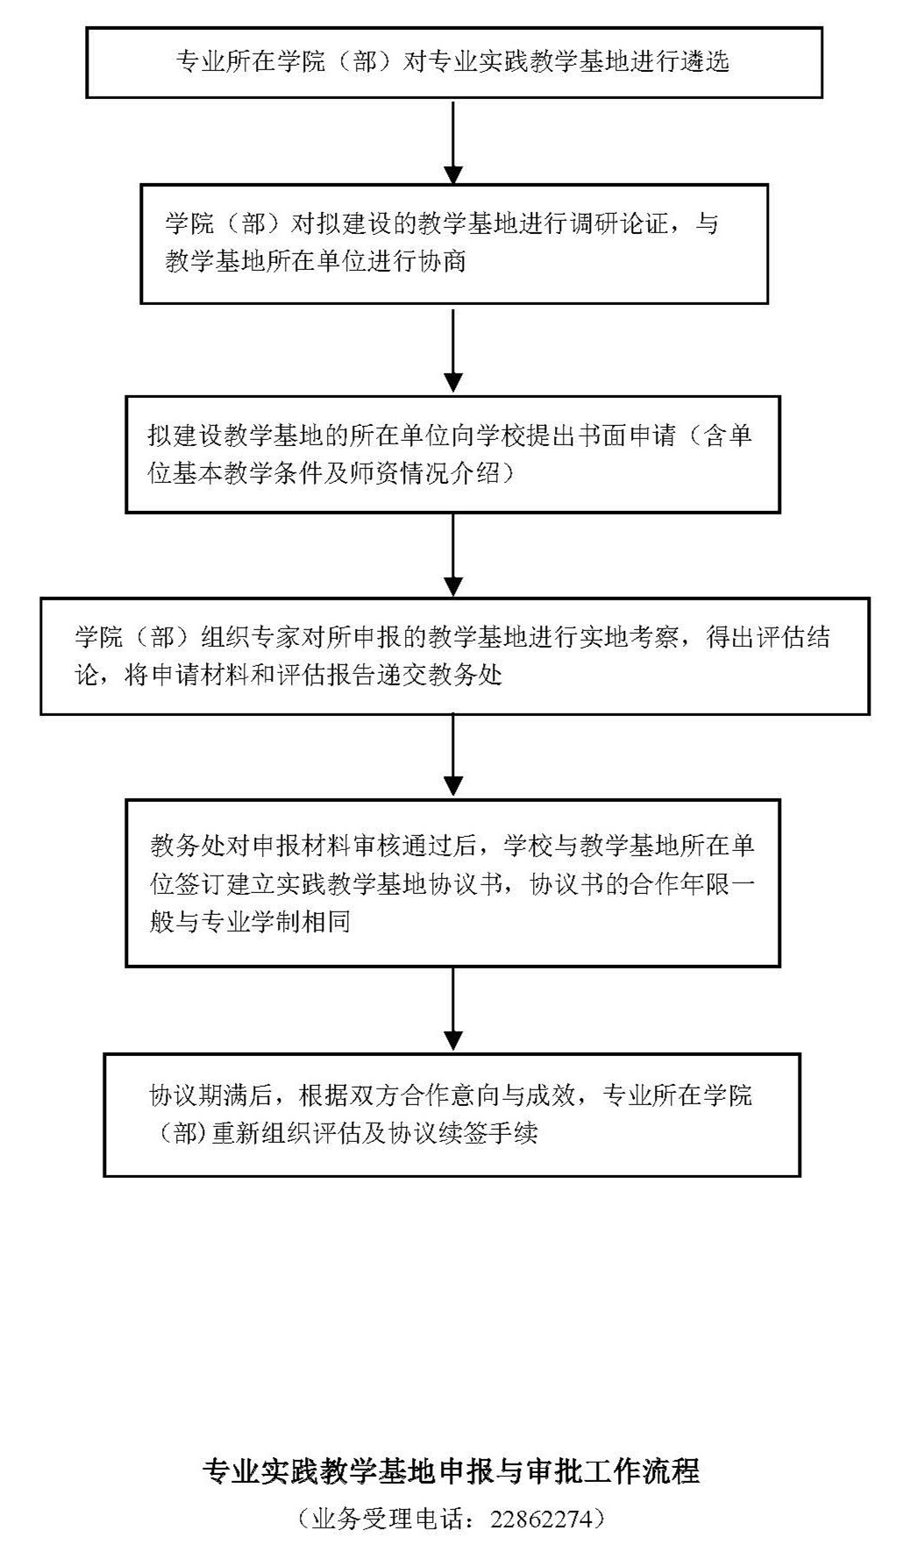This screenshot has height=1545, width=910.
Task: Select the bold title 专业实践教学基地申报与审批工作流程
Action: coord(451,1471)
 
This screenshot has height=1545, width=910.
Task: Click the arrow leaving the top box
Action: coord(453,140)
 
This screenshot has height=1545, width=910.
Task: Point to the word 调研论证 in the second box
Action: coord(620,224)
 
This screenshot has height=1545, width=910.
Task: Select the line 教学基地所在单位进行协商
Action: coord(316,261)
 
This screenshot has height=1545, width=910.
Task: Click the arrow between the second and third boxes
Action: coord(453,350)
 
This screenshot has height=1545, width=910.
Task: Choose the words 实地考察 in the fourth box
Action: coord(629,637)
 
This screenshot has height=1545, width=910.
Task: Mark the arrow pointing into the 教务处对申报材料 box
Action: coord(453,755)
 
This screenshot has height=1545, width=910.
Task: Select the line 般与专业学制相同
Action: coord(251,921)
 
